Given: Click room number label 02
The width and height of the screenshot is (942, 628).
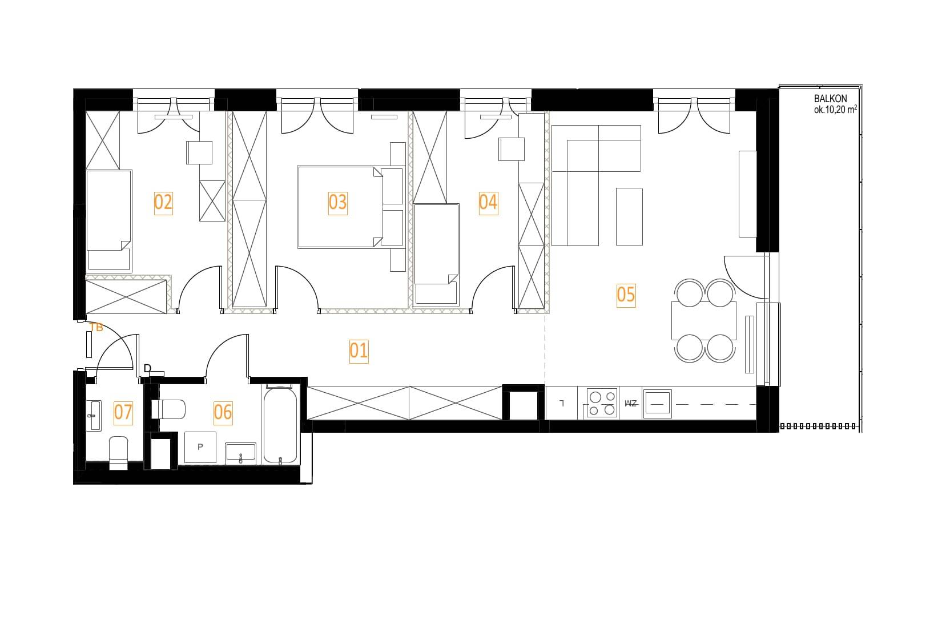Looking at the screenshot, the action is tap(163, 203).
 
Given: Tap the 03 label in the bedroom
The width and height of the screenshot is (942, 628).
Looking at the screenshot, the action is tap(337, 203).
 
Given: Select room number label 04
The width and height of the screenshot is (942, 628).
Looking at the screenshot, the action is tap(488, 203).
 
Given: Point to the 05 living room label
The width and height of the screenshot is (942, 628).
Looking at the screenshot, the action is tap(626, 295).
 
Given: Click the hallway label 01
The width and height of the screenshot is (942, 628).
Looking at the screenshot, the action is tap(359, 351).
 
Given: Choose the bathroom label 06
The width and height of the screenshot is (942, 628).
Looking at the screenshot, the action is tap(223, 413).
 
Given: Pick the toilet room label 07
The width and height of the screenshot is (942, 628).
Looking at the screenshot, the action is tap(123, 413).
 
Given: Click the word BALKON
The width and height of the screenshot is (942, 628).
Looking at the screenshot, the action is tap(831, 99).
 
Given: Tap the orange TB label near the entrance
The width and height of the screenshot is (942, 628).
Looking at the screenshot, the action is tap(96, 328).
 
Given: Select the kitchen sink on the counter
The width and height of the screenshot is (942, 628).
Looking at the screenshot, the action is tap(657, 404).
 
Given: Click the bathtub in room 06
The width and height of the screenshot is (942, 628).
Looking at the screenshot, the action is tap(280, 425).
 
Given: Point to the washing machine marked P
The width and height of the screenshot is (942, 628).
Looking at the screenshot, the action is tap(200, 448).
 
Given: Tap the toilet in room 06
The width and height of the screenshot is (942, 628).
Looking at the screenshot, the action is tap(168, 409).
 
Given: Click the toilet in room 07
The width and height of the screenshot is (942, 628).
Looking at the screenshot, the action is tap(118, 453).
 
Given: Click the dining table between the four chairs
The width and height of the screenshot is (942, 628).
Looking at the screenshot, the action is tap(704, 320).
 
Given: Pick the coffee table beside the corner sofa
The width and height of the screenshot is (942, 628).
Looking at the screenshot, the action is tap(629, 216).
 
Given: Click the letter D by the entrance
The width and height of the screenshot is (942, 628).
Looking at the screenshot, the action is tap(147, 369).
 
